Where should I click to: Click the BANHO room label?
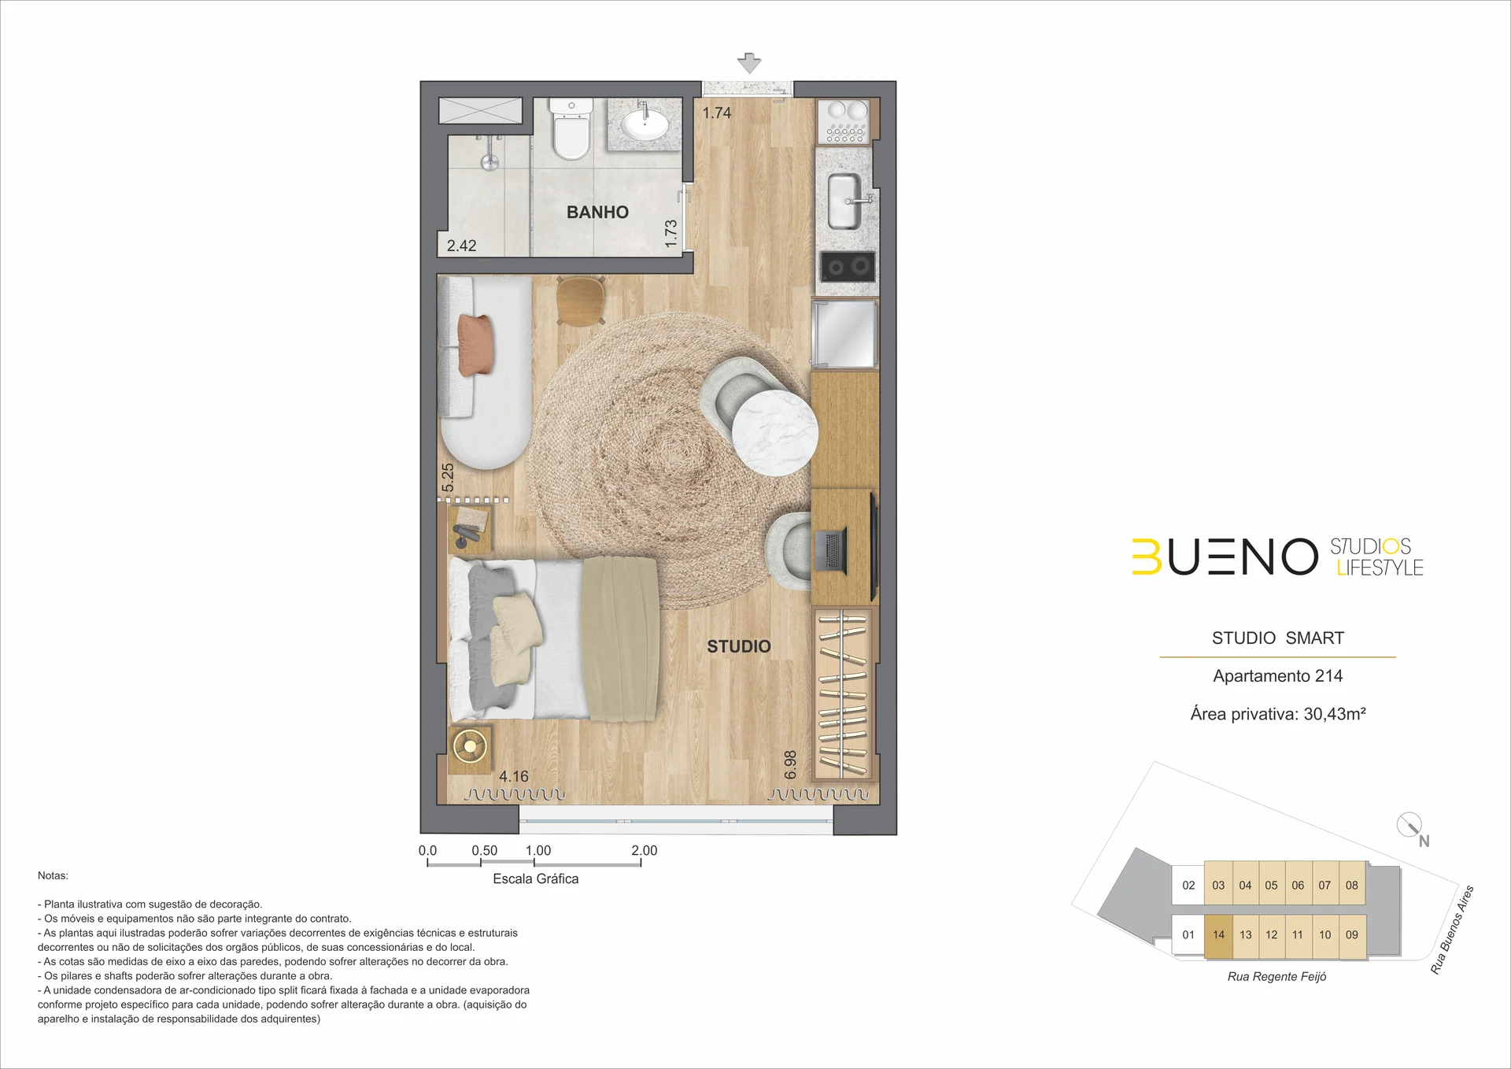597,212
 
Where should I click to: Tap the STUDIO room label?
738,646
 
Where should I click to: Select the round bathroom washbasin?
645,124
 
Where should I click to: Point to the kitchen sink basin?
844,202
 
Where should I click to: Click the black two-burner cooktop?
848,267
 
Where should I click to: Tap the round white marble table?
774,433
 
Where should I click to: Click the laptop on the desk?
829,551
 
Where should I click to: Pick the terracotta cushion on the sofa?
476,344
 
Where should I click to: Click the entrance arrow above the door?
749,63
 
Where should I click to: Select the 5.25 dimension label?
448,477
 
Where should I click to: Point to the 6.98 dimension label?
791,764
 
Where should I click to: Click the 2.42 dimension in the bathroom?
461,246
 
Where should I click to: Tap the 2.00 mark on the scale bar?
644,850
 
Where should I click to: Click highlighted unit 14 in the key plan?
1218,935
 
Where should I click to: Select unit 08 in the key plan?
1351,886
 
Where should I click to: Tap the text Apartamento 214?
1277,675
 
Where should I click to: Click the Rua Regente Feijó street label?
1276,977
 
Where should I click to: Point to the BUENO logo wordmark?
1225,557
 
